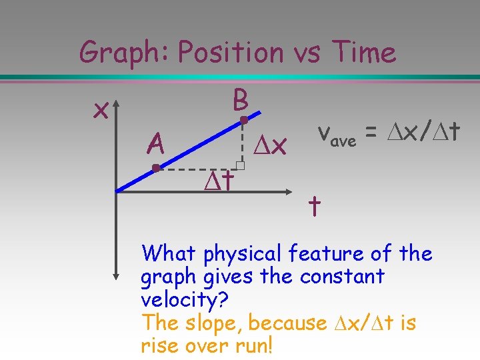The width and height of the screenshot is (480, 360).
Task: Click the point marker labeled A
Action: tap(155, 168)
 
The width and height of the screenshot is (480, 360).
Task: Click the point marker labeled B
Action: tap(244, 121)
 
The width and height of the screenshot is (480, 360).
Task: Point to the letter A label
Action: tap(155, 142)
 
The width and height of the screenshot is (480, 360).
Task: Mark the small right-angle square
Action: tap(241, 165)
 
